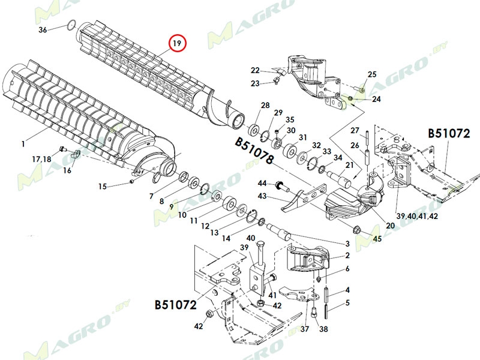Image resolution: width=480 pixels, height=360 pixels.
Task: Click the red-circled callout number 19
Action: pos(177,44)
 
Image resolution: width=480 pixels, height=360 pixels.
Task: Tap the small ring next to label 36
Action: pos(70,25)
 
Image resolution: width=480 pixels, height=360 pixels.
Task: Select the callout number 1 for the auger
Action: pos(22,143)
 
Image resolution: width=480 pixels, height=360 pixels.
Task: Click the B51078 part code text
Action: pos(254,152)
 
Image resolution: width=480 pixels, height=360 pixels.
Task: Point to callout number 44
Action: pos(262,183)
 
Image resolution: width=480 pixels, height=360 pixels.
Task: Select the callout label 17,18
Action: pos(42,159)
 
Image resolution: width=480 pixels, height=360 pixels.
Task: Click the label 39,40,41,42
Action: pos(416,216)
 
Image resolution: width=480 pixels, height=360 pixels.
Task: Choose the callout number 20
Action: pos(374,226)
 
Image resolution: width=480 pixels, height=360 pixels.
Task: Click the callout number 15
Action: pos(103,186)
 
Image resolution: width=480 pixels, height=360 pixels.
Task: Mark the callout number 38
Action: pos(323,329)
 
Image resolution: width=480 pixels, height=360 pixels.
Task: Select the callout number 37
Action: pos(305,329)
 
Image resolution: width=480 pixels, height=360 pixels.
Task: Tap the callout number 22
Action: pos(255,70)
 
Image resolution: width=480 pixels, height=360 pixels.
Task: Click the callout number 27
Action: pos(355,131)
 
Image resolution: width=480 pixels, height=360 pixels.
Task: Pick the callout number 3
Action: pos(347,243)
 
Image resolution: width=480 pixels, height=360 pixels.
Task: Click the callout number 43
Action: pos(262,196)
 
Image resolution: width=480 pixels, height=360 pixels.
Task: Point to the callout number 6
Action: pos(347,268)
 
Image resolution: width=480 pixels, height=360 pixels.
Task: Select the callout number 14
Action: pos(226,238)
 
